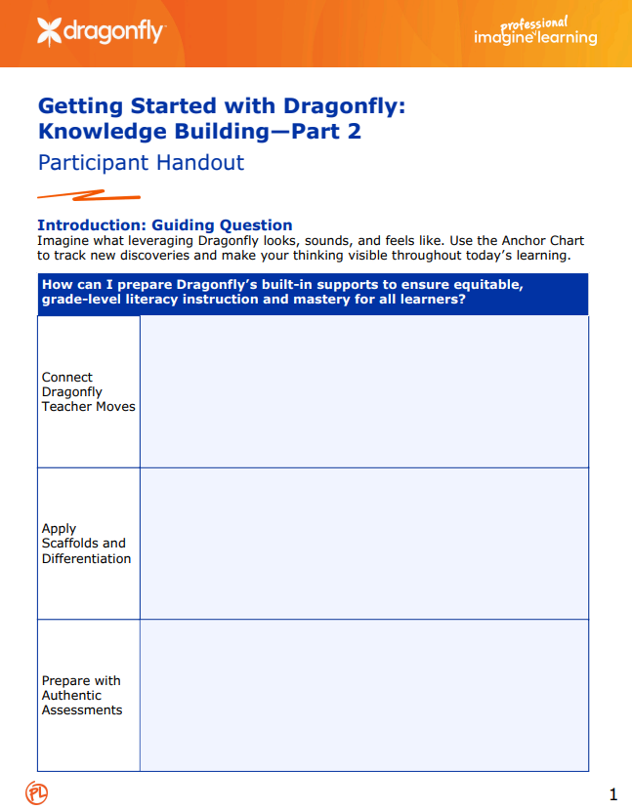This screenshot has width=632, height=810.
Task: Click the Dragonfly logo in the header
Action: tap(101, 32)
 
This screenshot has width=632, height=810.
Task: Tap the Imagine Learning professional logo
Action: tap(534, 32)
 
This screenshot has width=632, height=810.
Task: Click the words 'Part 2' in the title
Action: tap(326, 131)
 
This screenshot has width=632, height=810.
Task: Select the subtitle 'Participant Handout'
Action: tap(140, 162)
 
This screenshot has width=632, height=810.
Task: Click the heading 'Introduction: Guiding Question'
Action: tap(164, 224)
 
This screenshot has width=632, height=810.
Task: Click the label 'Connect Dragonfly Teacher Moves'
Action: tap(88, 391)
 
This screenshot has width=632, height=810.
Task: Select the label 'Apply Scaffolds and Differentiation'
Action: tap(86, 544)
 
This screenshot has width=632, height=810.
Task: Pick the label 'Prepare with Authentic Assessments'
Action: tap(82, 695)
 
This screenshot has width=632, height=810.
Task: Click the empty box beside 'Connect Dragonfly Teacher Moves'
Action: tap(363, 391)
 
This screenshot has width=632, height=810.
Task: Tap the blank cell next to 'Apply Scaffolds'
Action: tap(363, 544)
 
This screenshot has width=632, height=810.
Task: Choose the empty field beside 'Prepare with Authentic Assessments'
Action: tap(363, 695)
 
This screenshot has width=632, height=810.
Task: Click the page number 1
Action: tap(612, 794)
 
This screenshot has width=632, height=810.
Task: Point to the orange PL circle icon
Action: tap(36, 791)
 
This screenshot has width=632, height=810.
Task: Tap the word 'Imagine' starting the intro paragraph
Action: tap(63, 240)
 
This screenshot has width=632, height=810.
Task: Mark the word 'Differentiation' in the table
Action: tap(86, 559)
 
